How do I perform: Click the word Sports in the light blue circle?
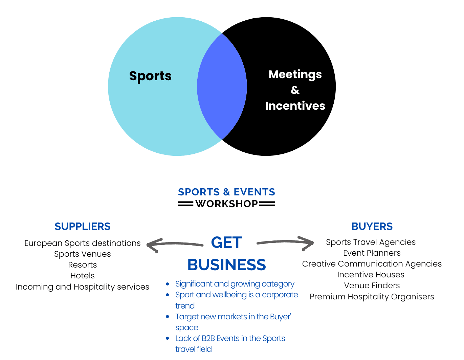pos(150,76)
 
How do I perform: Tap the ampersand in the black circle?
pos(295,90)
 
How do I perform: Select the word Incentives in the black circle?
pos(295,106)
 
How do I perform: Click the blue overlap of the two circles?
pos(222,86)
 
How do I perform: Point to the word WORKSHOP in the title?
pos(227,204)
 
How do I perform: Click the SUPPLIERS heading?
pos(83,226)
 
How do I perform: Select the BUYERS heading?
pos(372,226)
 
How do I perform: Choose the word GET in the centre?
pos(226,242)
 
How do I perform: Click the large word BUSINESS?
pos(226,265)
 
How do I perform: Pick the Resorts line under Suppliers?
pos(83,265)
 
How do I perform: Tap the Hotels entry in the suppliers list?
pos(83,276)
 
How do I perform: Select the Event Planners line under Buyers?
pos(372,253)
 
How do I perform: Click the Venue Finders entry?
pos(372,285)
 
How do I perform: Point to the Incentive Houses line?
pos(371,275)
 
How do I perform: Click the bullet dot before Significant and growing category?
pos(168,284)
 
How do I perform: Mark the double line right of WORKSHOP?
pos(267,204)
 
